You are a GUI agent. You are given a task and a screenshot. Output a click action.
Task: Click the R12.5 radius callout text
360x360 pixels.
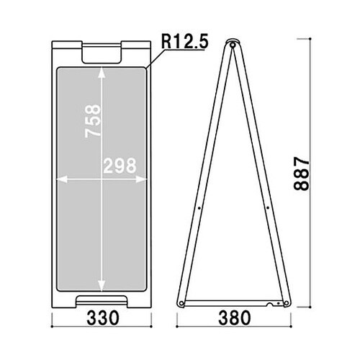click(x=184, y=42)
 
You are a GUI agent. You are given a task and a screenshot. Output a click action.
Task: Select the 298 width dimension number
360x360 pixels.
click(x=120, y=166)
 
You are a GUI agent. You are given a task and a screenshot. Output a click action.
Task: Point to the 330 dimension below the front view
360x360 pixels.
click(x=102, y=318)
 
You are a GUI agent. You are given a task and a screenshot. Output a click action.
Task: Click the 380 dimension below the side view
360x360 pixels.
click(x=235, y=318)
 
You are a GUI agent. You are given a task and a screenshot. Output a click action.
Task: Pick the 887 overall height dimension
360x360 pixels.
click(x=302, y=174)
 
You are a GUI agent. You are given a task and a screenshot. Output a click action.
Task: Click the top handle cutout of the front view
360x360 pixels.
click(x=102, y=53)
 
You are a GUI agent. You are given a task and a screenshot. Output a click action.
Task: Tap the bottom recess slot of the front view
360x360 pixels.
click(x=102, y=300)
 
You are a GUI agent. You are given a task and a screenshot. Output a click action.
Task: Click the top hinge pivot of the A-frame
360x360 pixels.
click(x=233, y=45)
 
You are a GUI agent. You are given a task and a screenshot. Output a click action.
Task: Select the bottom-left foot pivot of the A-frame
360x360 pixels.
click(x=181, y=303)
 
